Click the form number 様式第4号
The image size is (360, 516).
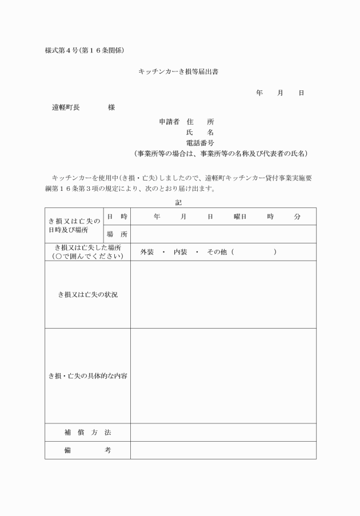(x=63, y=50)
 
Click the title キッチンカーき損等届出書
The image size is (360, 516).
(x=179, y=72)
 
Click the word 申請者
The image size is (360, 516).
(x=169, y=122)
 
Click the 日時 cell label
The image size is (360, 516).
(x=117, y=217)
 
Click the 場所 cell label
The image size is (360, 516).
(x=117, y=234)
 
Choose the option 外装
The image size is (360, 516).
(x=147, y=252)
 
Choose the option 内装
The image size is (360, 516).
(x=181, y=252)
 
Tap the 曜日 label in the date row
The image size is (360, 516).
(x=240, y=217)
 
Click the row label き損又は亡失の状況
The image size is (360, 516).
(x=87, y=294)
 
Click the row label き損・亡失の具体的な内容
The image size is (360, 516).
(x=87, y=375)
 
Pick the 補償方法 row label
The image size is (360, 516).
(x=87, y=432)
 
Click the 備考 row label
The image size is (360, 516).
(x=87, y=450)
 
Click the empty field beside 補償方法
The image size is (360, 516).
(x=223, y=432)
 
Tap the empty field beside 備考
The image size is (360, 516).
(x=223, y=450)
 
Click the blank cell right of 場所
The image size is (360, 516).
(x=223, y=234)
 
